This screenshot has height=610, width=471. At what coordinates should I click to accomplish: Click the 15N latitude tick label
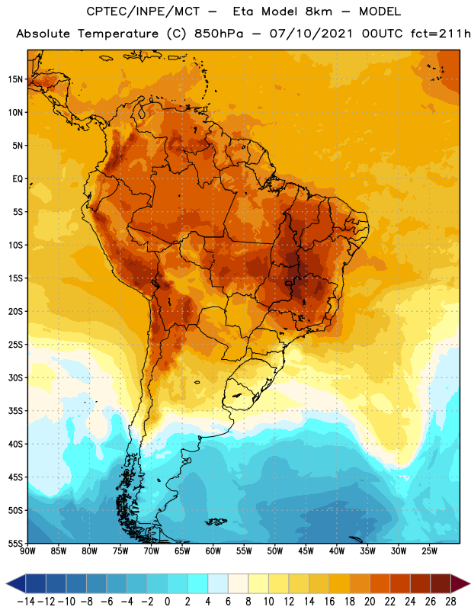[15, 79]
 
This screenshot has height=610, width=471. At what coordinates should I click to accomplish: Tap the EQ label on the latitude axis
[18, 179]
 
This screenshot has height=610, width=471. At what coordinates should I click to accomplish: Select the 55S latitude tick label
[15, 543]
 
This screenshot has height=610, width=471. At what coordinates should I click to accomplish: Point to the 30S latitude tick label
[15, 377]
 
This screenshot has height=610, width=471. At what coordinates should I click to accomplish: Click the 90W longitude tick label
[27, 551]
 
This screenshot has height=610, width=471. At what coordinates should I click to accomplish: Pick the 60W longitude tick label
[213, 551]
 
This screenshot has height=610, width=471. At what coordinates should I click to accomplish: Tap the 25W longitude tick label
[429, 551]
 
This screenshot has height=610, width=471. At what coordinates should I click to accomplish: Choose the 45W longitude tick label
[306, 551]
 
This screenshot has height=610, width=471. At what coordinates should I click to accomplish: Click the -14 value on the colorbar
[27, 602]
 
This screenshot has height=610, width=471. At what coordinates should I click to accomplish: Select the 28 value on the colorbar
[450, 602]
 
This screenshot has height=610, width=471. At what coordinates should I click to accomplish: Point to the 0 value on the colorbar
[167, 602]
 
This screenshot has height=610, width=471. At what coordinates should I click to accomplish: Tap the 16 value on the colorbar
[329, 602]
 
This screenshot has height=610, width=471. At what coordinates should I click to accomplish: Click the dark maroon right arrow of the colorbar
[460, 583]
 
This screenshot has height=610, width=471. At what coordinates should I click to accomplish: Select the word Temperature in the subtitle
[118, 34]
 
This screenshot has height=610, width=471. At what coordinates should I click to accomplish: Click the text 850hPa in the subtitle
[219, 34]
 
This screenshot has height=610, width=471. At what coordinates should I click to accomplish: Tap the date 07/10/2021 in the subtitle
[311, 34]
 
